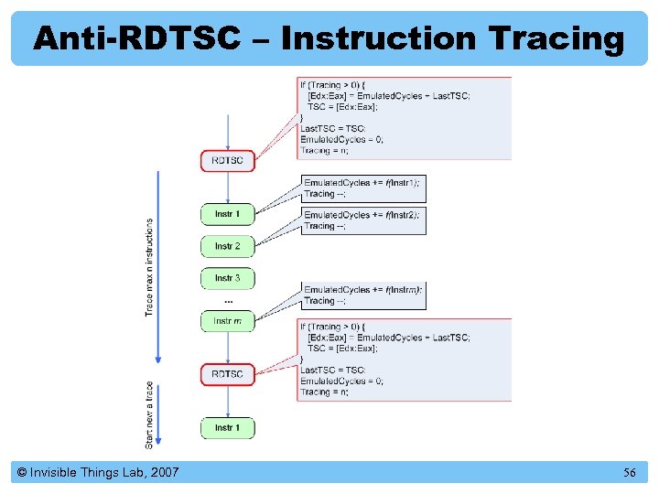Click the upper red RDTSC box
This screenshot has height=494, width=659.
228,161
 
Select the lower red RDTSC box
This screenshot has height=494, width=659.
228,374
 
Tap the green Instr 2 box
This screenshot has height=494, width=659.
228,246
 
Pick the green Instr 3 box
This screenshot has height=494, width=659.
228,278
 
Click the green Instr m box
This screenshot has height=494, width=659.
228,321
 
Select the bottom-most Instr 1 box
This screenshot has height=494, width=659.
228,428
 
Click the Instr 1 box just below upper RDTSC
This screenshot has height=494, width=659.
228,214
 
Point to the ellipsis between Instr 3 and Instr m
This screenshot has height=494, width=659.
228,300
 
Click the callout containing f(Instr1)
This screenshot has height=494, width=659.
363,188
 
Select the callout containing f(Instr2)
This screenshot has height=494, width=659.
363,220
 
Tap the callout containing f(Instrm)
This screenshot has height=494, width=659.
363,295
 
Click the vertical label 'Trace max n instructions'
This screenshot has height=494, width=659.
149,267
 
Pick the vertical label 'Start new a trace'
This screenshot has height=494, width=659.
149,414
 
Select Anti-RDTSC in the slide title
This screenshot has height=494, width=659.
136,38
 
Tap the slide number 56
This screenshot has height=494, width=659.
629,473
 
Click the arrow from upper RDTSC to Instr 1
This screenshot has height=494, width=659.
228,188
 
